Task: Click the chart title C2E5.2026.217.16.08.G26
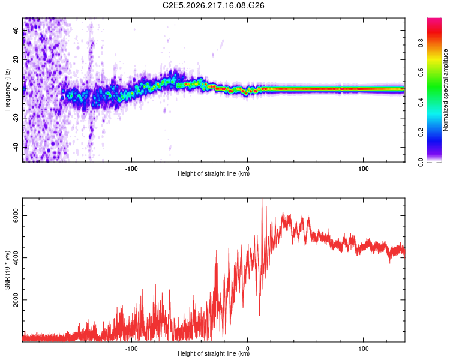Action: [213, 5]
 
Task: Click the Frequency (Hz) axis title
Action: [7, 90]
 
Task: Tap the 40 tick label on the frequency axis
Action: [16, 31]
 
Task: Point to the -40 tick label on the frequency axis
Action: [16, 148]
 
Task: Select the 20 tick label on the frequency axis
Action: [16, 60]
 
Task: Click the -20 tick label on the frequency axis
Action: [16, 118]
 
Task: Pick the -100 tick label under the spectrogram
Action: [131, 169]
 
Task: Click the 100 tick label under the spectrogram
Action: [364, 169]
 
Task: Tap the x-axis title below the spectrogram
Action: [214, 173]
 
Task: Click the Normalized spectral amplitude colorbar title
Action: [445, 90]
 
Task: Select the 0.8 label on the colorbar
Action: [421, 43]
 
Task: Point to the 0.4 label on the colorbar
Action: [421, 102]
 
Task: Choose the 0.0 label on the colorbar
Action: [421, 162]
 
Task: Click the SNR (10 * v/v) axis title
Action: [7, 270]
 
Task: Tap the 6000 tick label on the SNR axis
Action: [16, 215]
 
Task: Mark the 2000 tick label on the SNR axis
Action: [16, 300]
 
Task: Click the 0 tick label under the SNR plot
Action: [247, 349]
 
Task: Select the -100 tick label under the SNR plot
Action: [131, 349]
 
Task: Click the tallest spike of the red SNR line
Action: [262, 199]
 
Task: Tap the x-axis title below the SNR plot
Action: [214, 353]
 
